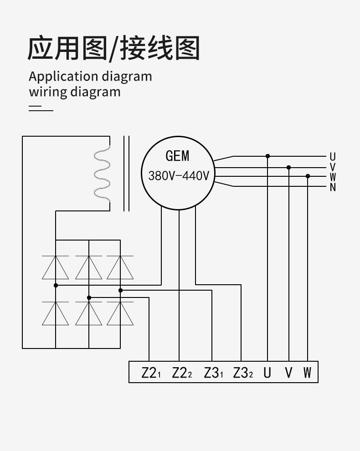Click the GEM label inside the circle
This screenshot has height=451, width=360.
tap(177, 156)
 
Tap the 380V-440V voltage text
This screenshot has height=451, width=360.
tap(178, 175)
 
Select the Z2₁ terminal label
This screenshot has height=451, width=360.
tap(151, 373)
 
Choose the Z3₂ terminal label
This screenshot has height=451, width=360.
tap(242, 373)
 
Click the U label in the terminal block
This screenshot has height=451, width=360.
tap(267, 373)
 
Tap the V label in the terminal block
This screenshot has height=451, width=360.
tap(288, 373)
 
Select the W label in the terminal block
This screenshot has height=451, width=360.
tap(308, 373)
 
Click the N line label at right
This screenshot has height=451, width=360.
tap(333, 187)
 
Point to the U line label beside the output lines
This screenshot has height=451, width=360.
tap(333, 157)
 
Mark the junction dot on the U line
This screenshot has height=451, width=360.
tap(267, 156)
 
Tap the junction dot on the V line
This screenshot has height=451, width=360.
tap(288, 168)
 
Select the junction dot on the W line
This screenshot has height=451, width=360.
tap(308, 176)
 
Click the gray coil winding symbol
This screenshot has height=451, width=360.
tap(103, 174)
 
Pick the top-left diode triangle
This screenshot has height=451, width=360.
tap(56, 268)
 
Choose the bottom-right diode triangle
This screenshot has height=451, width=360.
tap(120, 314)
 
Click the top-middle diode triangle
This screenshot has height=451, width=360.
tap(89, 268)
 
